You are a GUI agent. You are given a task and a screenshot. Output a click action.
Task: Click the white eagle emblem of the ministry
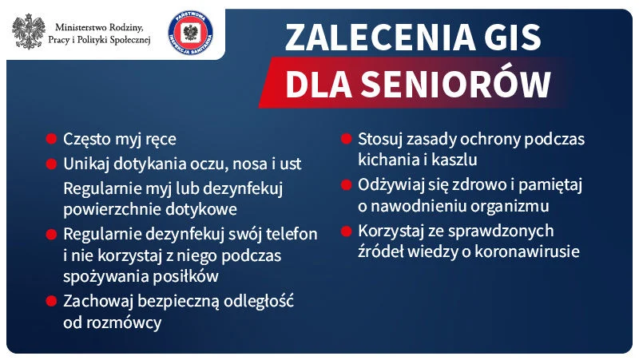30,30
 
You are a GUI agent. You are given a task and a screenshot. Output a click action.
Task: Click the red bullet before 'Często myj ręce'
51,139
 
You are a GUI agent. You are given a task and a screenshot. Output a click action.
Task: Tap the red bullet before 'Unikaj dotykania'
51,164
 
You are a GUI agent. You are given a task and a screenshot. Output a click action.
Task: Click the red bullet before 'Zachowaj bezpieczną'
51,302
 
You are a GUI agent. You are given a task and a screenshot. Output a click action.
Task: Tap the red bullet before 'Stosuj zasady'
347,139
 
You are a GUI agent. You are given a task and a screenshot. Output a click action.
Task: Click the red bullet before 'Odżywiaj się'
347,184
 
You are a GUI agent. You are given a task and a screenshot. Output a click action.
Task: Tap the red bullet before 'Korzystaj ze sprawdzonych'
347,231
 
